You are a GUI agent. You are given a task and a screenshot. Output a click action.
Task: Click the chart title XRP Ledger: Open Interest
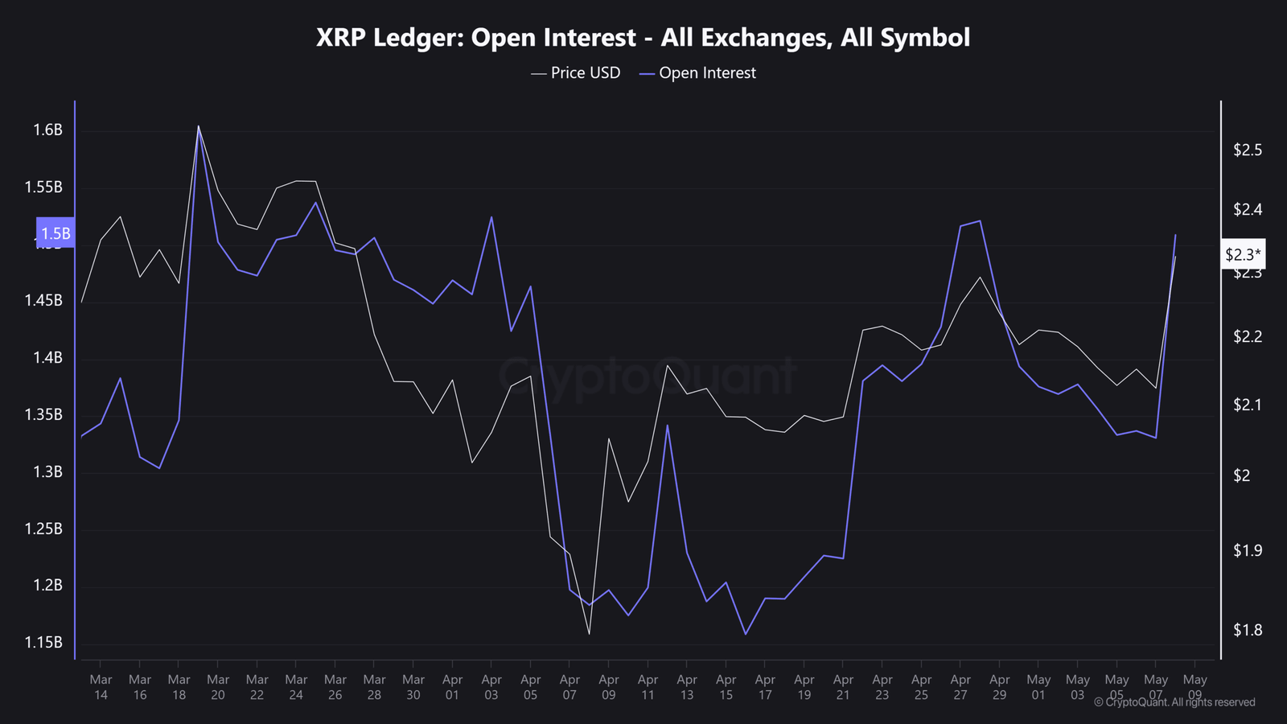point(643,38)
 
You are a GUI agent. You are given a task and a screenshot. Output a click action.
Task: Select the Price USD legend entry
point(576,73)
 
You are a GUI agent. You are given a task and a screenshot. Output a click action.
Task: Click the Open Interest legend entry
point(698,73)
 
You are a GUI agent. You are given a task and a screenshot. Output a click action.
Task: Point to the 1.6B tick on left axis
point(47,130)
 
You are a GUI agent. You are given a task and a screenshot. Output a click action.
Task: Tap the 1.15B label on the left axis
point(43,643)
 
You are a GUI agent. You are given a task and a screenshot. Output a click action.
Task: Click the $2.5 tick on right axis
point(1248,150)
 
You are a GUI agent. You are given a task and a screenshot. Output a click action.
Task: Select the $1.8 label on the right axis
point(1248,631)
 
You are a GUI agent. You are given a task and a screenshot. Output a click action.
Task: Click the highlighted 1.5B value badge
point(56,233)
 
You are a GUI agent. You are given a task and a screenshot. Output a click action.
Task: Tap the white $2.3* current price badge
point(1243,255)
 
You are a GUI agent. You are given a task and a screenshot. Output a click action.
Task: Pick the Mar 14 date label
point(101,687)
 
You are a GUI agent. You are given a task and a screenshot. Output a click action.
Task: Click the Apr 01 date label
point(452,687)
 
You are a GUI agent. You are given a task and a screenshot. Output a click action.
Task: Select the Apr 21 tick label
point(843,687)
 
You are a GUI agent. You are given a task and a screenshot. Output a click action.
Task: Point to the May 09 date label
point(1194,687)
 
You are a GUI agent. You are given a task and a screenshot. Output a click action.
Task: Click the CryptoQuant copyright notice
point(1174,702)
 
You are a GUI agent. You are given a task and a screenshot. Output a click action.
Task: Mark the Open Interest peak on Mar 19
point(199,129)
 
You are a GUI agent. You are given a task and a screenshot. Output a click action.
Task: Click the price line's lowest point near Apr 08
point(590,634)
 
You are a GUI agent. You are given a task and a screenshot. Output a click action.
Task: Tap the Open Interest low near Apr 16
point(746,634)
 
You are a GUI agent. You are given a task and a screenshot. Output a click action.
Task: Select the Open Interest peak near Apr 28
point(980,220)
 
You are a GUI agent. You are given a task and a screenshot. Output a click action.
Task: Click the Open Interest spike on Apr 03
point(491,217)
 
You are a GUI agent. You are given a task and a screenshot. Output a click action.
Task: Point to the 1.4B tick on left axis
point(47,358)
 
